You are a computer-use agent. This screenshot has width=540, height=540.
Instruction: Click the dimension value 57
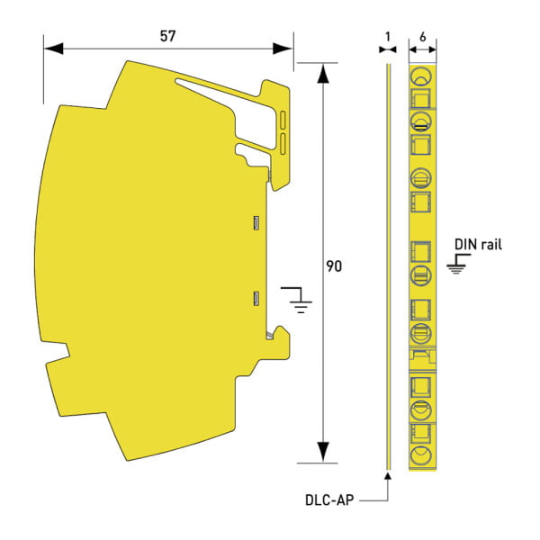[x=167, y=36]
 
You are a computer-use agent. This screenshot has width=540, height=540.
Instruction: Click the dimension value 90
[x=334, y=266]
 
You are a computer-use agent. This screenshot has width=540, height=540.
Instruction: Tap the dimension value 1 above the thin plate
[x=388, y=37]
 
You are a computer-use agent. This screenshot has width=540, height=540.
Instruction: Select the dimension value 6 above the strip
[x=423, y=37]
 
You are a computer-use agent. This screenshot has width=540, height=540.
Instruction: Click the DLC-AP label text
[x=329, y=500]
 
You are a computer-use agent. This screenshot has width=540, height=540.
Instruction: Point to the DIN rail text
[x=478, y=245]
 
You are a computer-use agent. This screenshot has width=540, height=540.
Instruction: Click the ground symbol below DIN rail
[x=458, y=264]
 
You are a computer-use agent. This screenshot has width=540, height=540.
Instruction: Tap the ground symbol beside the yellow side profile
[x=297, y=300]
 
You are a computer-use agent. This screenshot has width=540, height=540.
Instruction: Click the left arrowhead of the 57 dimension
[x=54, y=49]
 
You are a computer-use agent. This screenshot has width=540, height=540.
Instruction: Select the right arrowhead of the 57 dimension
[x=283, y=49]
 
